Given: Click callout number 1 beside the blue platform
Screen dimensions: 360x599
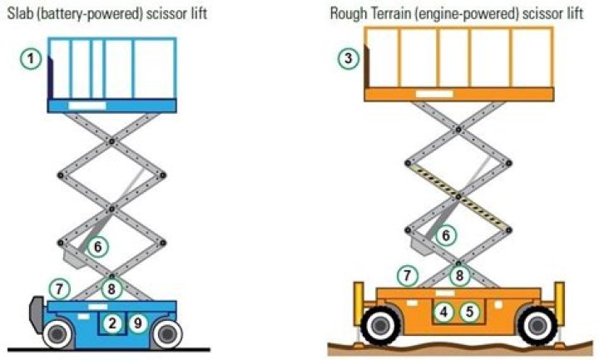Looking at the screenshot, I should [31, 58].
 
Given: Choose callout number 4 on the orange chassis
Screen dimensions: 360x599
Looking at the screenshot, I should [445, 313].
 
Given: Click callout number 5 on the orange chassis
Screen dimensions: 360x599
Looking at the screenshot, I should [471, 313].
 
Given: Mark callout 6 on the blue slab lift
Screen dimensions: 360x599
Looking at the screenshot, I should [97, 247].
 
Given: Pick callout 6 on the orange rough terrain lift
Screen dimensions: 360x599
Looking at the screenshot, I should [447, 236].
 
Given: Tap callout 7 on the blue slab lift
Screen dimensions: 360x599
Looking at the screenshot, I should [58, 288].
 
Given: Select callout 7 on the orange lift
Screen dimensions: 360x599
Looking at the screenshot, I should [407, 275].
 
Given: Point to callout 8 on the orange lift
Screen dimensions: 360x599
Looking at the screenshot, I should [458, 275].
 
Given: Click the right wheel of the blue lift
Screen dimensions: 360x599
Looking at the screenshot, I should [167, 334].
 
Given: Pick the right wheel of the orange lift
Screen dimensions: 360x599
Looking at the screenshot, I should [534, 325].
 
